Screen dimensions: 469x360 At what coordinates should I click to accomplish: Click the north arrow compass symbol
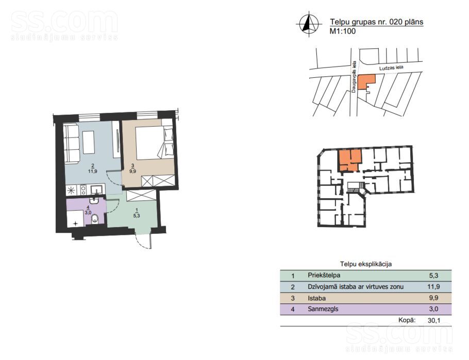coord(309,24)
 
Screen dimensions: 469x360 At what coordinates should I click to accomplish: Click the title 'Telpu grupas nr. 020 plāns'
coord(377,22)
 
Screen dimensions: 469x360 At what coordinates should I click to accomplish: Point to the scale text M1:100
coord(343,31)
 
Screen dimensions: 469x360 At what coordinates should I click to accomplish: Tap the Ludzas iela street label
coord(391,67)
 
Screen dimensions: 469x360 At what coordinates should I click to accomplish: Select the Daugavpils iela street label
coord(354,77)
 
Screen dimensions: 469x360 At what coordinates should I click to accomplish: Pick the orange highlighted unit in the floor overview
coord(349,160)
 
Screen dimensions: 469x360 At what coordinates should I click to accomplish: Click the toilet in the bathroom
coord(95,219)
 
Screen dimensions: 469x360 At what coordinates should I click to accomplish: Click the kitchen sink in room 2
coord(97,189)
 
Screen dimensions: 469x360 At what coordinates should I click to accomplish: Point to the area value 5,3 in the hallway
coord(137,215)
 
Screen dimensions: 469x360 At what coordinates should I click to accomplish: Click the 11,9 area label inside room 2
coord(92,172)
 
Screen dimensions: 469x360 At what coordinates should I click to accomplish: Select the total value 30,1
coord(434,320)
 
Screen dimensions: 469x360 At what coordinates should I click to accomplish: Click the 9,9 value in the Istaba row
coord(434,298)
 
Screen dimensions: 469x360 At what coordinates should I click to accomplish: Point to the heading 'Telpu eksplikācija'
coord(366,264)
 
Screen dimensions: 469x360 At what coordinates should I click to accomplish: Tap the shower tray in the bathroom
coord(75,218)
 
